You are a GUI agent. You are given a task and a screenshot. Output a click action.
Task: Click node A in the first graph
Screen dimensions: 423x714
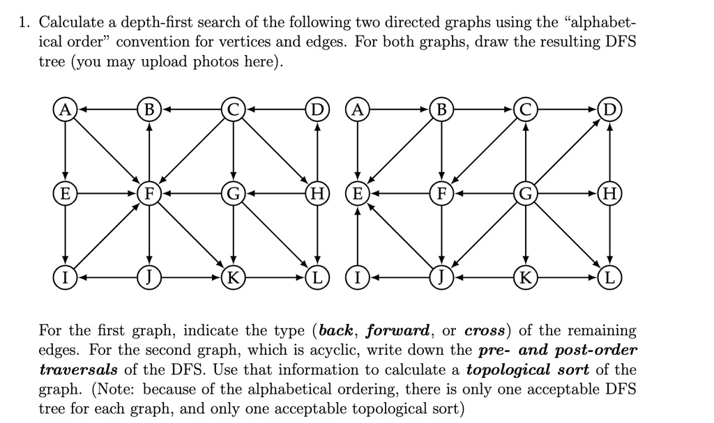pos(64,110)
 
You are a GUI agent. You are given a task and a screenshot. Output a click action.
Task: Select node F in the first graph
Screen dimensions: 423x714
pos(149,194)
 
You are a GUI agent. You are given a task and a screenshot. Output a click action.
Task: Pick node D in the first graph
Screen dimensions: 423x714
pos(317,110)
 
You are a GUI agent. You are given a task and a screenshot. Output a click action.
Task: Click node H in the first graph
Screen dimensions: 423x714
pos(317,194)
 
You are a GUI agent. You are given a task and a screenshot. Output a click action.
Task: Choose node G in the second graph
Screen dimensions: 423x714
pos(525,194)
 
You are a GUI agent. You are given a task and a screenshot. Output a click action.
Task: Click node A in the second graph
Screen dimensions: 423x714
pos(357,110)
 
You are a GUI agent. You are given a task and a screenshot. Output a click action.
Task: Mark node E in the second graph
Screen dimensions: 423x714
pos(357,194)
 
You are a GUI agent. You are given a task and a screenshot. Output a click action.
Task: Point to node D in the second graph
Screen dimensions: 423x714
pos(609,110)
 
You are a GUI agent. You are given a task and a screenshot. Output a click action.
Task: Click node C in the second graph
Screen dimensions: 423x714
pos(525,110)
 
